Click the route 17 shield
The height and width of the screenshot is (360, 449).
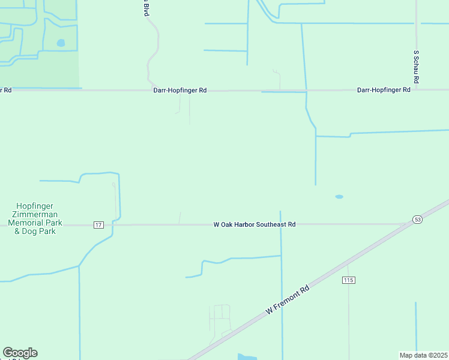[99, 224]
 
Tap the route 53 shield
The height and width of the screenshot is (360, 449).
[417, 220]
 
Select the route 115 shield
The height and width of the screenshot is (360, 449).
[349, 280]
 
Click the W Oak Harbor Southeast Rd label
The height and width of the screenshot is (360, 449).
[255, 224]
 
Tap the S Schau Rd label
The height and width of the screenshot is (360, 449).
[415, 66]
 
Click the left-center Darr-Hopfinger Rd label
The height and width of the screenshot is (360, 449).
[180, 90]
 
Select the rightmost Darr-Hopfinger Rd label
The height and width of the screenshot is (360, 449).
[384, 89]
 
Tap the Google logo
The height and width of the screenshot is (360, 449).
[20, 352]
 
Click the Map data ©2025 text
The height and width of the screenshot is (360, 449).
[424, 355]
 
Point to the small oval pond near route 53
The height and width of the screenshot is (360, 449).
[339, 196]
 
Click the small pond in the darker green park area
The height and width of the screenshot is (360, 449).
[61, 43]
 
